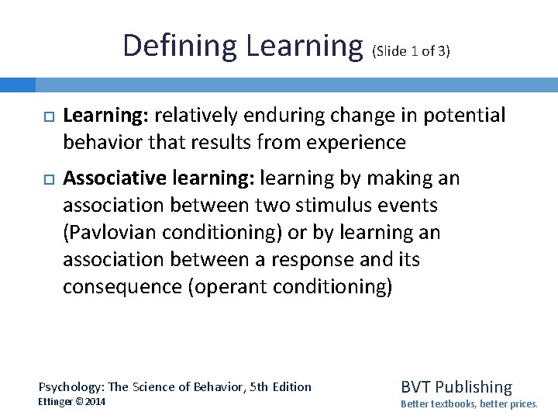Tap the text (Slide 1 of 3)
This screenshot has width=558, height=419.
click(x=412, y=52)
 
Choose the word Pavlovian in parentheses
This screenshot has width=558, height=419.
click(x=118, y=233)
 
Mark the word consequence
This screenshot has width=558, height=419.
click(x=123, y=287)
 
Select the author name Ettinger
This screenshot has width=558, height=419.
click(x=60, y=402)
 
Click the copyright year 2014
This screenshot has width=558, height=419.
click(x=95, y=402)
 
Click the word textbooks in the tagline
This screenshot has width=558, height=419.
click(x=455, y=403)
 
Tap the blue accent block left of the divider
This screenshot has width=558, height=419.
click(x=18, y=84)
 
